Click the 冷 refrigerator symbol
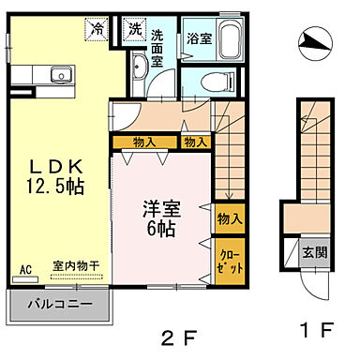(97, 29)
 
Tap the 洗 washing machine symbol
(137, 29)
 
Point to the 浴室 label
(198, 40)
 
